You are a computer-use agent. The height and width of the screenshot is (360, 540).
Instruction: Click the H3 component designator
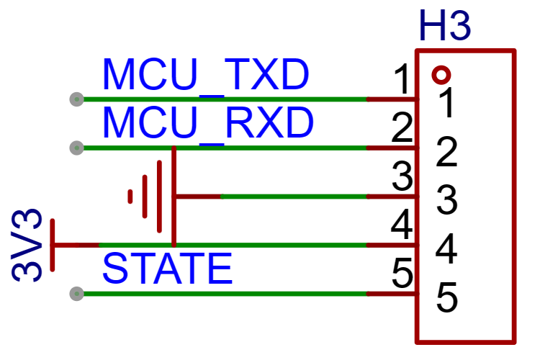pyautogui.click(x=445, y=26)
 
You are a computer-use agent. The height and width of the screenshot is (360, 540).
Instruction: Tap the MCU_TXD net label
pyautogui.click(x=206, y=75)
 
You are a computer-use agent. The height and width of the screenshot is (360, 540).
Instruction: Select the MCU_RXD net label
pyautogui.click(x=208, y=123)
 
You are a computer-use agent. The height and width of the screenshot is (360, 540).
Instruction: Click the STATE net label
pyautogui.click(x=167, y=268)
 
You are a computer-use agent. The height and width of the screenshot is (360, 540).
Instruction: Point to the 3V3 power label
pyautogui.click(x=27, y=246)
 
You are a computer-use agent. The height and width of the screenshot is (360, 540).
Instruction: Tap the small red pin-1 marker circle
pyautogui.click(x=441, y=75)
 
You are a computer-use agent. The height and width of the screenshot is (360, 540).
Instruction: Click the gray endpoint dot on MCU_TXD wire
pyautogui.click(x=76, y=99)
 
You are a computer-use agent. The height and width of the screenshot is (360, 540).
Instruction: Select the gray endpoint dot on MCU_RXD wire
pyautogui.click(x=76, y=148)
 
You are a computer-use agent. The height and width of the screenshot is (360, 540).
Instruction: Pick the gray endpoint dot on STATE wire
pyautogui.click(x=76, y=294)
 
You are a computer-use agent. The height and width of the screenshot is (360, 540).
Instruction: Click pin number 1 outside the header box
pyautogui.click(x=402, y=79)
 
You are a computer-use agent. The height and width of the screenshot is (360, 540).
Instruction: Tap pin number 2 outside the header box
pyautogui.click(x=402, y=127)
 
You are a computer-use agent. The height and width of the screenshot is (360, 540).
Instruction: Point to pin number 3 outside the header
pyautogui.click(x=402, y=176)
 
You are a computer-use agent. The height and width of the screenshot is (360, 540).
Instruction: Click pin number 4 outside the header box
pyautogui.click(x=402, y=225)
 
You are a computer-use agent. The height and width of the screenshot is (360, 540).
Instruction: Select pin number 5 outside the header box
pyautogui.click(x=402, y=274)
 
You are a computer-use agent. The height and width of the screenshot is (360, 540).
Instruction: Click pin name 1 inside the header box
pyautogui.click(x=446, y=103)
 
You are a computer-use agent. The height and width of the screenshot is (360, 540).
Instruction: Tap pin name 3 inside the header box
pyautogui.click(x=446, y=200)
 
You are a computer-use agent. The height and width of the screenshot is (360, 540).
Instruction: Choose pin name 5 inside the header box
pyautogui.click(x=446, y=297)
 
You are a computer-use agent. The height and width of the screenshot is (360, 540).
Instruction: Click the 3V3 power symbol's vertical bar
pyautogui.click(x=53, y=245)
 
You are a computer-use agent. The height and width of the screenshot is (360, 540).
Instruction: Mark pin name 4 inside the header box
pyautogui.click(x=446, y=248)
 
